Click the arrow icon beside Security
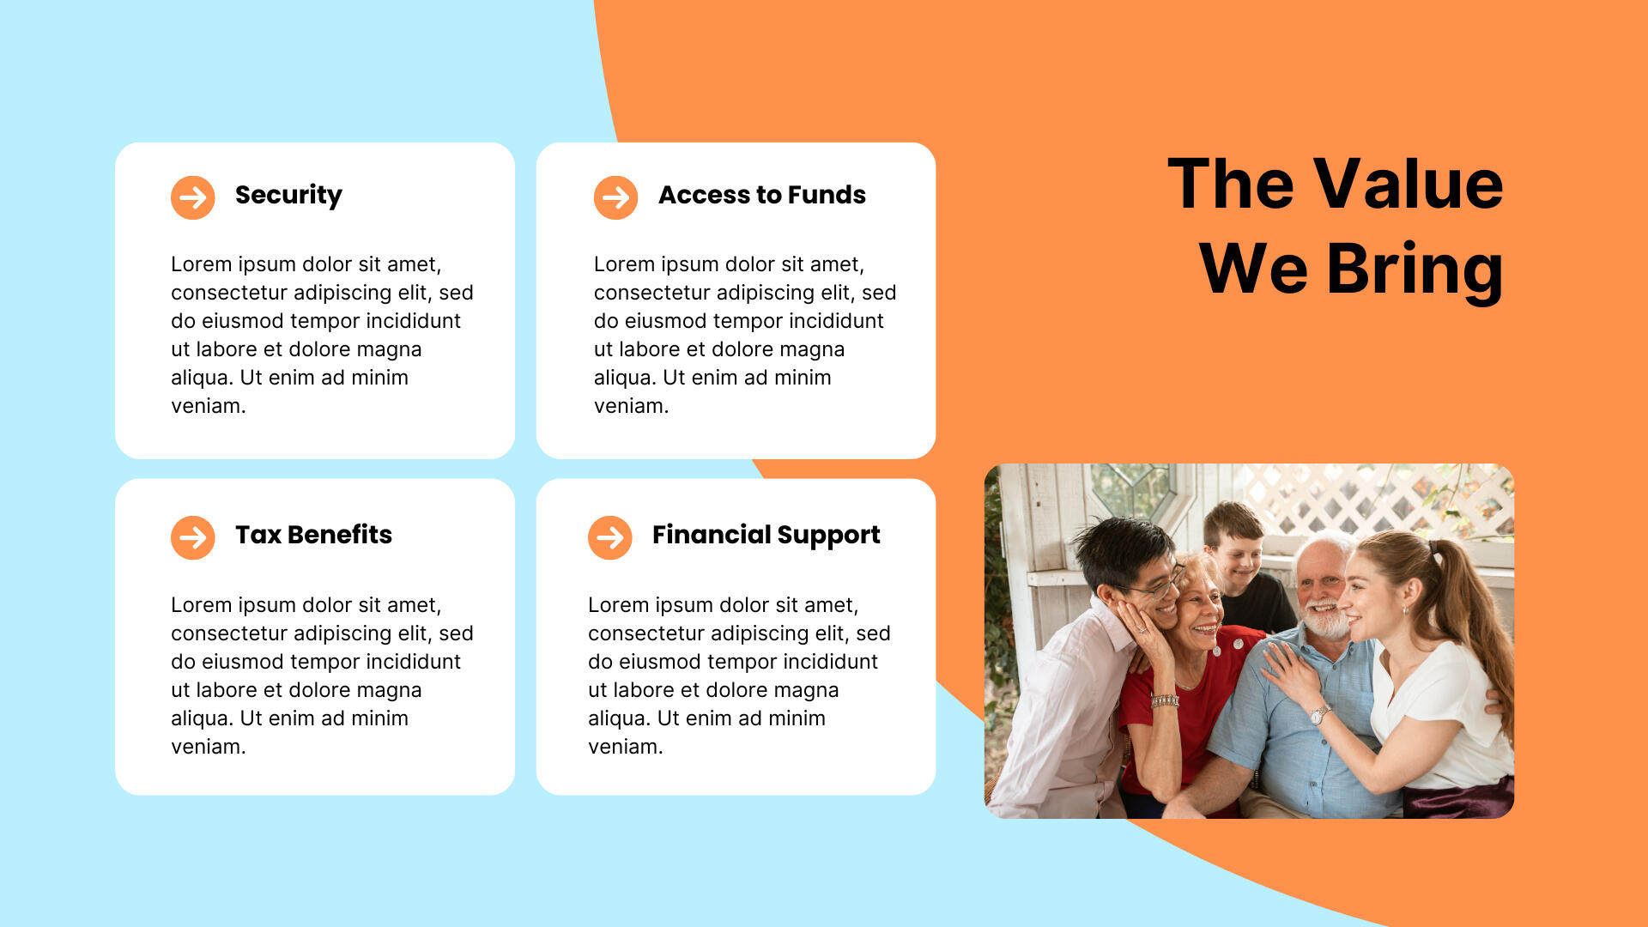tap(193, 198)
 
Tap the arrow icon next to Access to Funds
tap(616, 198)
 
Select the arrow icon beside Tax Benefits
tap(193, 538)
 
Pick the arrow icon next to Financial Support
tap(610, 538)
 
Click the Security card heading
tap(288, 196)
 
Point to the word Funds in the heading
tap(827, 195)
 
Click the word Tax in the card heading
tap(258, 535)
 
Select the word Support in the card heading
tap(827, 536)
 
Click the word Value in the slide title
tap(1409, 184)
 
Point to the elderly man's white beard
tap(1326, 620)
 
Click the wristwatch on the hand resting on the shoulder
tap(1319, 714)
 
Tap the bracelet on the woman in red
tap(1165, 701)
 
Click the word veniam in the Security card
tap(209, 406)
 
